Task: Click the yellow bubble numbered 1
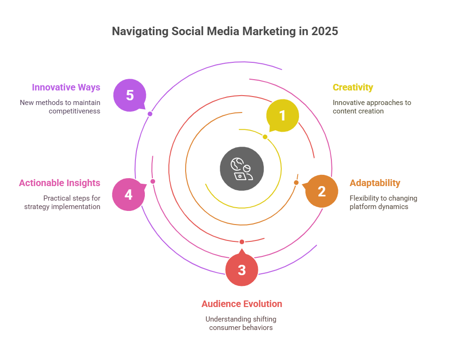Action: coord(282,116)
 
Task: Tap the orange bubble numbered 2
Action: coord(322,191)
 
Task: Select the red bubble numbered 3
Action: coord(241,270)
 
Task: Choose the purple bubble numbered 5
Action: coord(130,95)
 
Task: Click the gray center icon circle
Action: coord(242,169)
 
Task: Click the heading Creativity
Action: coord(352,87)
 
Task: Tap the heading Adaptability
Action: coord(375,183)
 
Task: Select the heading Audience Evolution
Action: coord(241,304)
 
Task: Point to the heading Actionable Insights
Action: coord(60,183)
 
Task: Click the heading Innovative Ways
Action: coord(66,87)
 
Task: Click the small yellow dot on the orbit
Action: coord(265,137)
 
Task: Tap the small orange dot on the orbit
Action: coord(296,182)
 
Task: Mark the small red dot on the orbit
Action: coord(242,241)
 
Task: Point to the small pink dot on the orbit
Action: coord(152,181)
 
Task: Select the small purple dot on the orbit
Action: coord(150,114)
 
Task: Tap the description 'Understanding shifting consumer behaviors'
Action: coord(241,323)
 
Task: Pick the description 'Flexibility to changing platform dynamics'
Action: coord(383,202)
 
